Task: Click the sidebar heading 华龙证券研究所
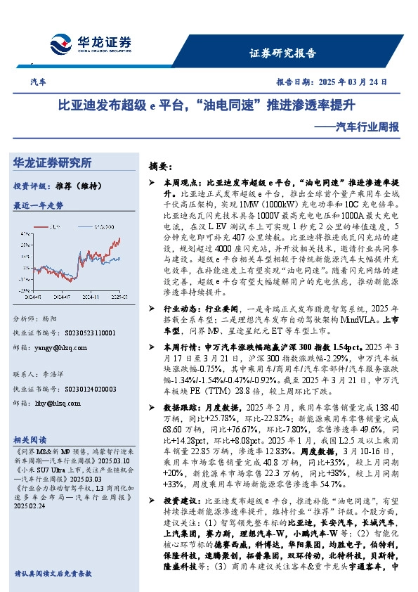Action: click(53, 162)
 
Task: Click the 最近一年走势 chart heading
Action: click(38, 206)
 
